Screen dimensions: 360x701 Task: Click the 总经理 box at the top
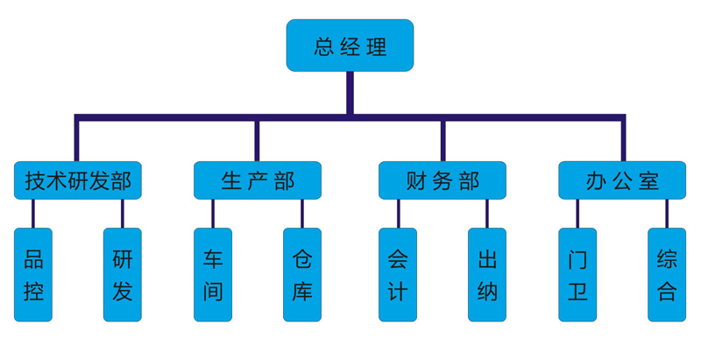tap(350, 46)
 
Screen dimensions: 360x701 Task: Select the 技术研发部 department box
tap(77, 180)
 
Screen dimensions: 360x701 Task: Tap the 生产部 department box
tap(257, 180)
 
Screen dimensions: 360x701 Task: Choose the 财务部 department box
tap(442, 180)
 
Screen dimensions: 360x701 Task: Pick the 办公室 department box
tap(622, 180)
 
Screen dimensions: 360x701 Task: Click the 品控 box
tap(33, 275)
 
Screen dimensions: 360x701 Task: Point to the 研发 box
tap(122, 275)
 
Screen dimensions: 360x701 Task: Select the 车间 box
tap(213, 275)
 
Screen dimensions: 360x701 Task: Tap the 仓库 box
tap(302, 275)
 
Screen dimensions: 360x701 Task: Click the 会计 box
tap(398, 275)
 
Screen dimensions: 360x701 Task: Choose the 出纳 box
tap(487, 275)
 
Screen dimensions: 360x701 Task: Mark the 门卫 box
tap(577, 275)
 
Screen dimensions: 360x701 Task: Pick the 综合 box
tap(667, 275)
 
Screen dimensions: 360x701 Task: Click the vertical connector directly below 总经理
tap(350, 92)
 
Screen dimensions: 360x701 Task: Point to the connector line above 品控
tap(33, 214)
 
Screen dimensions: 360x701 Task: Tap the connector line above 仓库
tap(302, 214)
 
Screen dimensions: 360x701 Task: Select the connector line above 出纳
tap(487, 214)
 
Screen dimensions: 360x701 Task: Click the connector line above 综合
tap(667, 214)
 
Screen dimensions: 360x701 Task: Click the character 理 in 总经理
tap(377, 46)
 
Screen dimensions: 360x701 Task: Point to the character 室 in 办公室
tap(649, 181)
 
